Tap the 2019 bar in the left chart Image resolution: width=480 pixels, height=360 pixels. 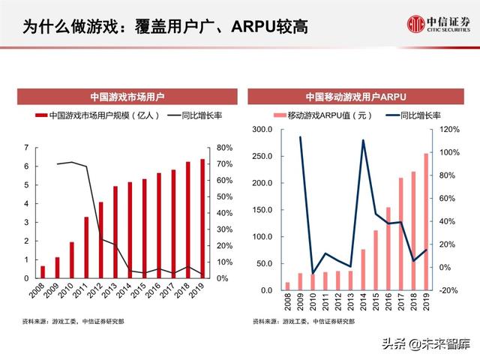200,218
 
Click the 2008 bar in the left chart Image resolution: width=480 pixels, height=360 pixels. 43,271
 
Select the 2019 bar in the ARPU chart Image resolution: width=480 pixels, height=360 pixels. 426,222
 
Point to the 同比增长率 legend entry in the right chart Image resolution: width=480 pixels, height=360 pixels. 413,116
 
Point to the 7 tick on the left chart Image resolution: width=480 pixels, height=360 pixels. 27,148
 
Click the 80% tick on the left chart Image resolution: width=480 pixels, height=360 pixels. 223,148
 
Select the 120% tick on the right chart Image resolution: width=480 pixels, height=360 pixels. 448,130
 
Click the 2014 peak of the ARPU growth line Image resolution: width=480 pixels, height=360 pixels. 363,140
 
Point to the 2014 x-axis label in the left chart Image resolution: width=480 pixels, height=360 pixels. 127,290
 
